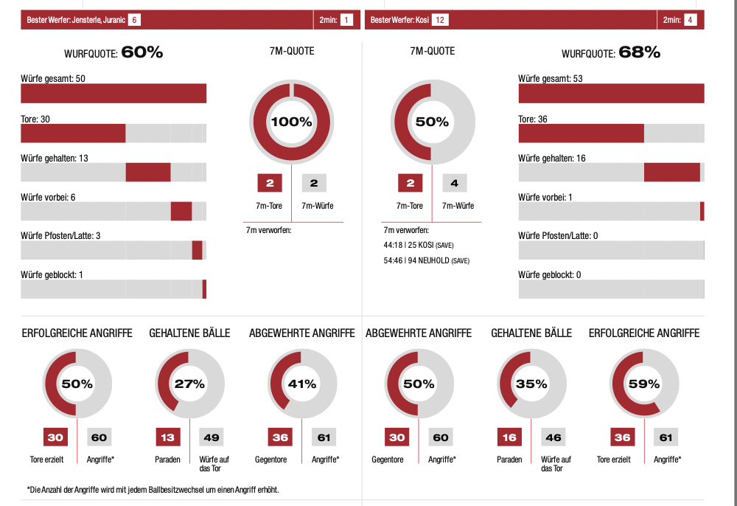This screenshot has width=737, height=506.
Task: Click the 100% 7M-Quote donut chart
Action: [293, 122]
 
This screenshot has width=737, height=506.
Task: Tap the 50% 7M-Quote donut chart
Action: [432, 122]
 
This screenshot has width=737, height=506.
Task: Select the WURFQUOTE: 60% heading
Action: [113, 52]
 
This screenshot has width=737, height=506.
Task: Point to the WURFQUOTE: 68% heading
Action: [611, 52]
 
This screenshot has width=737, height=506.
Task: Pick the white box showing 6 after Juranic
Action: [134, 20]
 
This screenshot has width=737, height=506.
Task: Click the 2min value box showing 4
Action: [691, 20]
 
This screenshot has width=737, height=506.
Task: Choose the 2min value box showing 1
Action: [346, 20]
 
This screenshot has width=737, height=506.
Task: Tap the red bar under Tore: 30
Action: [73, 133]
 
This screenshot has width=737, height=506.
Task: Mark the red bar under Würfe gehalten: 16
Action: [671, 172]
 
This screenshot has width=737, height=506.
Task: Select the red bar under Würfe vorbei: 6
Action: [181, 211]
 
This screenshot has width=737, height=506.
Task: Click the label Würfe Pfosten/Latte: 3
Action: [61, 235]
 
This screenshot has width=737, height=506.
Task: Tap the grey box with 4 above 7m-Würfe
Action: [455, 184]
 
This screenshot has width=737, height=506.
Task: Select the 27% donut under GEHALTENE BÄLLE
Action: [189, 384]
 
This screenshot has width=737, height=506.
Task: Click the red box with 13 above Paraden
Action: [168, 437]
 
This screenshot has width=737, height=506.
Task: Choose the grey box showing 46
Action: [553, 437]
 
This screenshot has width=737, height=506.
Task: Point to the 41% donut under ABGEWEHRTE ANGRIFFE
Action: [302, 384]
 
